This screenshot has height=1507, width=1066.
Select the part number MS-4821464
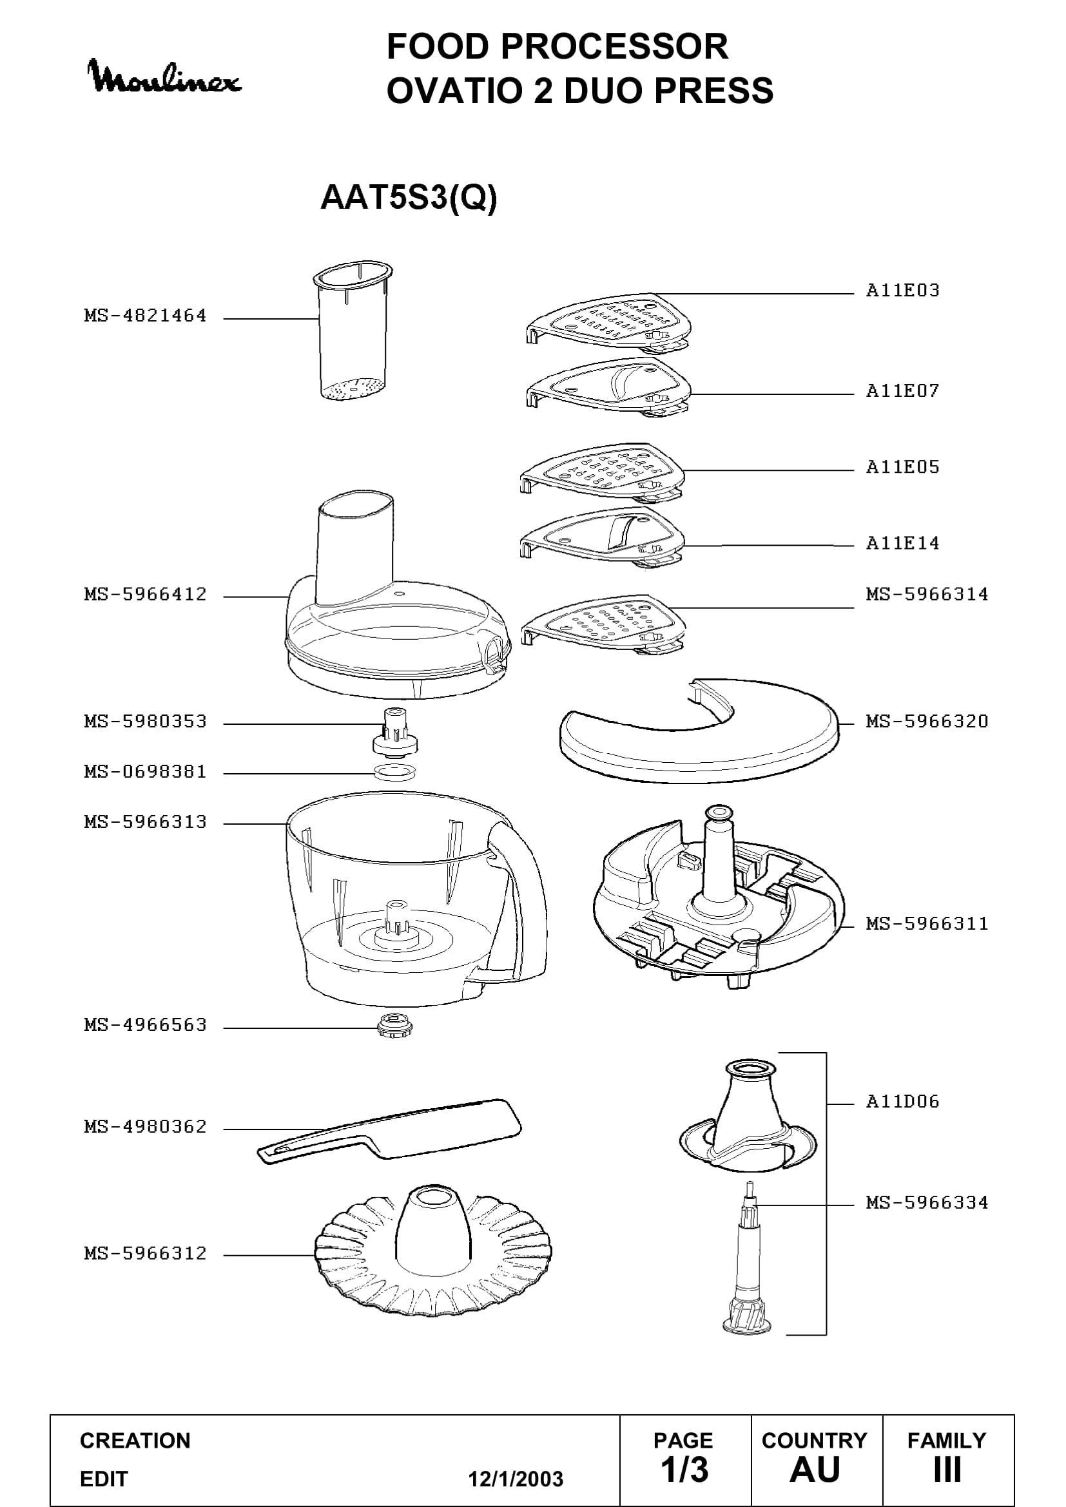coord(145,316)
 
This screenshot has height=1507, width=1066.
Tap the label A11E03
coord(902,291)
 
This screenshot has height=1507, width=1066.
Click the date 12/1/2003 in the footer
coord(516,1479)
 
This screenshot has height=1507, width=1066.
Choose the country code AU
coord(815,1470)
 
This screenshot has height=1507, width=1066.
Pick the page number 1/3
coord(684,1470)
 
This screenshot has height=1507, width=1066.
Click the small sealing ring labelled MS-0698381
coord(394,773)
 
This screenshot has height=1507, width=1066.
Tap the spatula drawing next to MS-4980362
coord(389,1131)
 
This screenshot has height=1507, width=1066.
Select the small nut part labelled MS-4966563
coord(396,1025)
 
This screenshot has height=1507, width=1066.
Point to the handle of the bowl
coord(519,906)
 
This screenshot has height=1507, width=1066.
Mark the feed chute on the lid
coord(356,548)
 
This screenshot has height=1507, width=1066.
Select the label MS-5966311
coord(927,924)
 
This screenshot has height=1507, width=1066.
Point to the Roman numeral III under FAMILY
coord(947,1470)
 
